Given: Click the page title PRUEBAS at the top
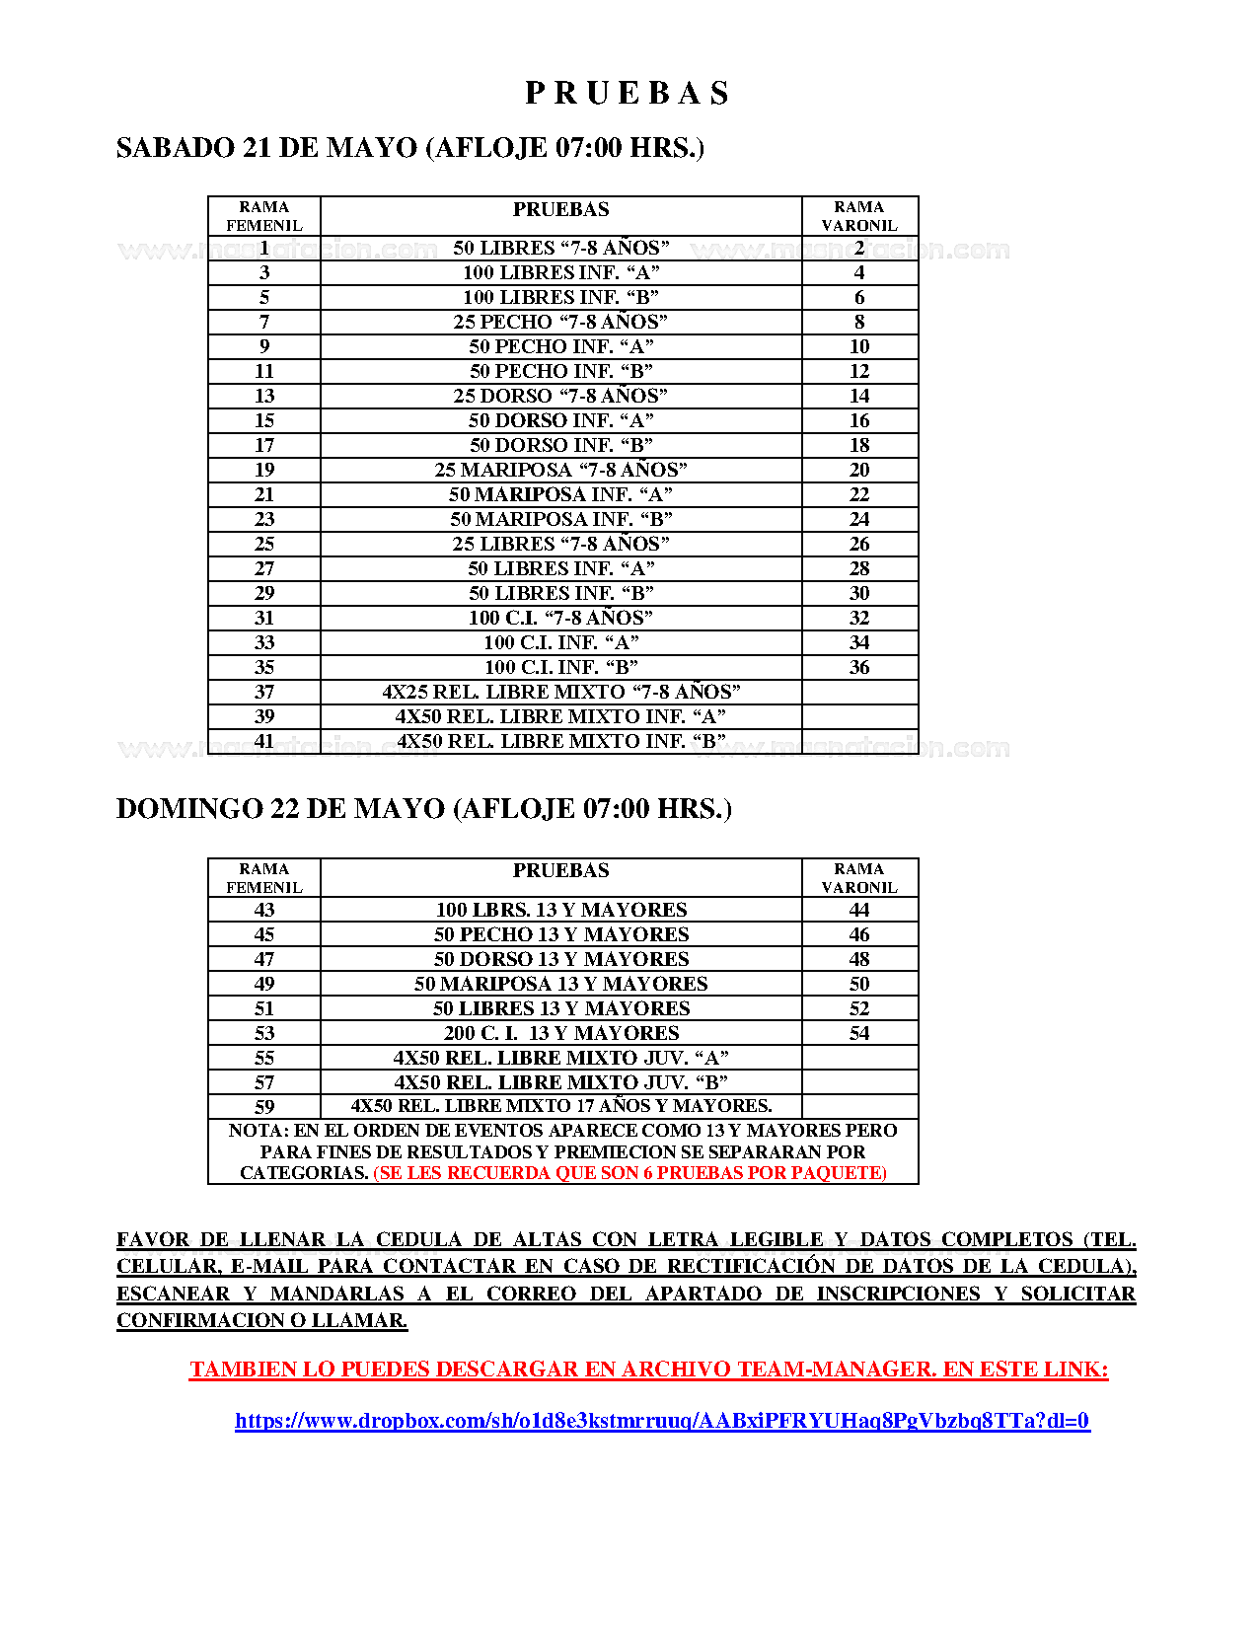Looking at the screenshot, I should click(628, 93).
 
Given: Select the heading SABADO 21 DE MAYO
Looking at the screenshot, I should click(409, 148).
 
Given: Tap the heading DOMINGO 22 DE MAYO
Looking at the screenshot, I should click(423, 809).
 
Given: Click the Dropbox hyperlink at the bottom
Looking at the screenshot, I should click(662, 1421).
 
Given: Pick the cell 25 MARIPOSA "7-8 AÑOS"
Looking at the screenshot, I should click(560, 470).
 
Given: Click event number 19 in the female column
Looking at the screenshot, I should click(264, 470).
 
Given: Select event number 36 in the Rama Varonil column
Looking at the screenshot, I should click(859, 667).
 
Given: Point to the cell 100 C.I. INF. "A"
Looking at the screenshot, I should click(560, 642).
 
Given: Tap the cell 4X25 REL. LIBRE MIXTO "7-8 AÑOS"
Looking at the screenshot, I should click(560, 692).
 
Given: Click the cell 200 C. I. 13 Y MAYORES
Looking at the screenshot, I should click(560, 1033).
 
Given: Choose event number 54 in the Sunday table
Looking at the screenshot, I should click(859, 1033).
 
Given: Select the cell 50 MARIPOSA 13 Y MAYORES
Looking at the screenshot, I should click(560, 984).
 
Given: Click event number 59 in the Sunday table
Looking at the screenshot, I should click(264, 1107).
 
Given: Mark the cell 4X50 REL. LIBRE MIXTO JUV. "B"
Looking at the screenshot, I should click(560, 1082).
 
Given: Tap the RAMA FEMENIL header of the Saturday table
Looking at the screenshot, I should click(264, 216).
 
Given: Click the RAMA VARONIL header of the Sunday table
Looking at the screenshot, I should click(859, 878).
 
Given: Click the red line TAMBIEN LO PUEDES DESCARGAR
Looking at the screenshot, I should click(648, 1369).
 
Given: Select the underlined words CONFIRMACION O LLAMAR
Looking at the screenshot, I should click(261, 1320).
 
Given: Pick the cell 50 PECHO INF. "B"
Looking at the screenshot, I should click(560, 371).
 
